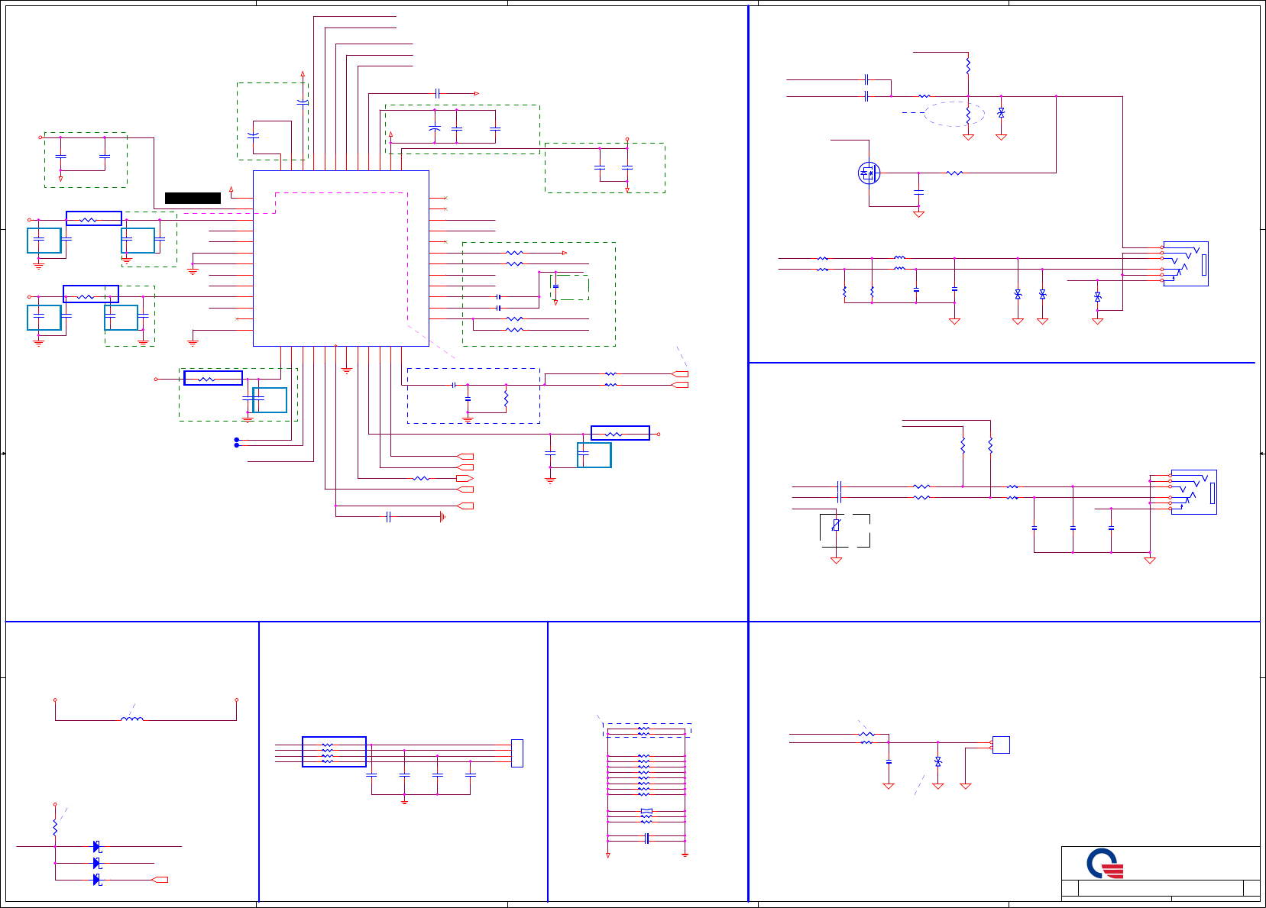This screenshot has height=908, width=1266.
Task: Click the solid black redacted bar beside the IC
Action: pyautogui.click(x=193, y=198)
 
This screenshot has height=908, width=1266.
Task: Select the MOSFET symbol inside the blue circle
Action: pyautogui.click(x=869, y=173)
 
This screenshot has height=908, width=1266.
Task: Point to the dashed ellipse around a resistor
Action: pyautogui.click(x=954, y=115)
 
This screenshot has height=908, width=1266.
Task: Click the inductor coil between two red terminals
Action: pyautogui.click(x=131, y=719)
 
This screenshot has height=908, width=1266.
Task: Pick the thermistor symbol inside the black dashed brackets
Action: pyautogui.click(x=837, y=525)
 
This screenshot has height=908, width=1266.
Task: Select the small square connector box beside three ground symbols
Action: pyautogui.click(x=1001, y=745)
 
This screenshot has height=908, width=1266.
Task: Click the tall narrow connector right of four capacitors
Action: pyautogui.click(x=517, y=753)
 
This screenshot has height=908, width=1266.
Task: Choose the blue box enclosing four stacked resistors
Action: pyautogui.click(x=334, y=751)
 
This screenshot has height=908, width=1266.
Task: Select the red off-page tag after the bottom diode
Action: pyautogui.click(x=160, y=880)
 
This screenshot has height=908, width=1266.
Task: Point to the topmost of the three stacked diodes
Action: pyautogui.click(x=97, y=846)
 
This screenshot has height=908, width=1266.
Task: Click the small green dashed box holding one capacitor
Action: pyautogui.click(x=569, y=288)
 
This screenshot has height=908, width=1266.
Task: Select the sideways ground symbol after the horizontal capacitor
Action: pyautogui.click(x=442, y=517)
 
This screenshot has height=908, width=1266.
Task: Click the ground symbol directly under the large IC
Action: pyautogui.click(x=346, y=370)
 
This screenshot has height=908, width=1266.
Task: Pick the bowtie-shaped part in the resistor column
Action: pyautogui.click(x=646, y=811)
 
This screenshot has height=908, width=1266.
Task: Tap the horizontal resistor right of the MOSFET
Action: pyautogui.click(x=954, y=173)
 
